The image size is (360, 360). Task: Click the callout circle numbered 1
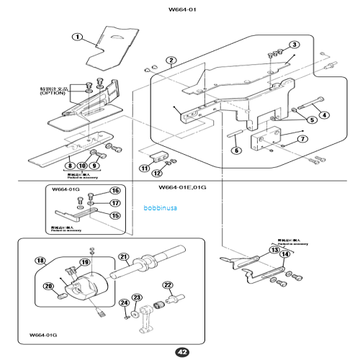point(77,37)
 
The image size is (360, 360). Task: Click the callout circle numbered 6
point(235,150)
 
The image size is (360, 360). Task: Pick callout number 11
point(145,168)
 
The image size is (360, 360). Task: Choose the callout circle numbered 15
point(114,215)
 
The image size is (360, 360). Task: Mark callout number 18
point(40,260)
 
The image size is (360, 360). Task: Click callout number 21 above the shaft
point(123,257)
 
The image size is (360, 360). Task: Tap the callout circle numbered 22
point(168,285)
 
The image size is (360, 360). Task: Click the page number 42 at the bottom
point(181,351)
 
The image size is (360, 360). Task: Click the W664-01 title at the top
point(181,10)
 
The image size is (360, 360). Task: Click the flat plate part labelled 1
point(119,43)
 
